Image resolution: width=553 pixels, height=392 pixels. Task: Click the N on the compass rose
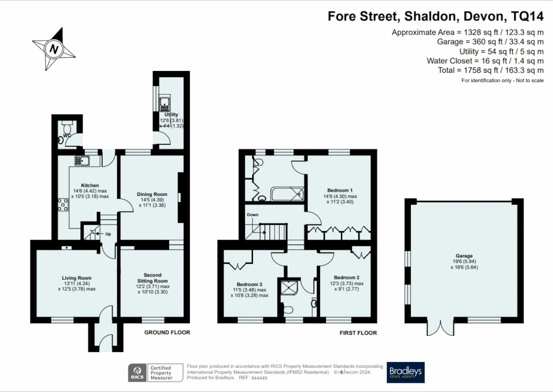[54, 49]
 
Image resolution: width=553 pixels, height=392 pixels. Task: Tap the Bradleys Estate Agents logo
[406, 372]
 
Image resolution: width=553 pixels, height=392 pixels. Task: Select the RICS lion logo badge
[138, 373]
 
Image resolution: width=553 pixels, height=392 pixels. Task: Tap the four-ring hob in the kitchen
[63, 204]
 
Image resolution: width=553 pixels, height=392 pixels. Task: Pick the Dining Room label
[152, 194]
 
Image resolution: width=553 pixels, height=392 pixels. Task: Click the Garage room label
[464, 256]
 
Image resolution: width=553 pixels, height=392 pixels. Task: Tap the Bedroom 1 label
[340, 190]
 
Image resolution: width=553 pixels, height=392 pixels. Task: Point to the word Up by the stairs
[108, 234]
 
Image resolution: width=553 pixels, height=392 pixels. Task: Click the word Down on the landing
[253, 215]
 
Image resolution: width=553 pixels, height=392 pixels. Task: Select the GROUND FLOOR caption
[167, 332]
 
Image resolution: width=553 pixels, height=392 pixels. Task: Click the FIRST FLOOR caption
[358, 333]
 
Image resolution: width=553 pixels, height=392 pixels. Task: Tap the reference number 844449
[259, 378]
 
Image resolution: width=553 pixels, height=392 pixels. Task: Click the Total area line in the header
[491, 70]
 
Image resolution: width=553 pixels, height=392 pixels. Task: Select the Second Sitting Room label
[153, 278]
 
